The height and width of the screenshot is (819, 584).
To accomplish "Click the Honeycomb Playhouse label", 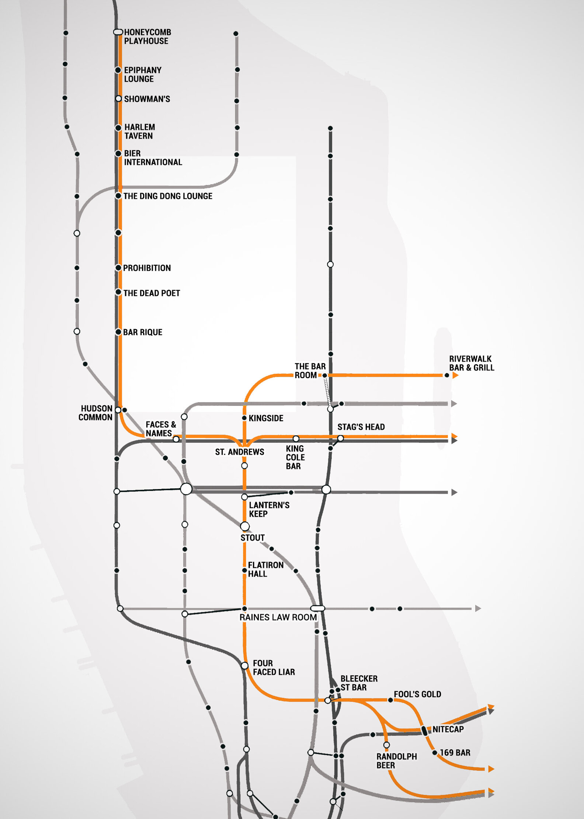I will (x=147, y=36).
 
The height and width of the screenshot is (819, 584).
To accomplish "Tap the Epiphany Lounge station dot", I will (x=118, y=70).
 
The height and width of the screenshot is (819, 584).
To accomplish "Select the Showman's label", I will (x=147, y=99).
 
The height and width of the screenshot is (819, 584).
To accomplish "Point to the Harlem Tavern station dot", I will (x=118, y=128).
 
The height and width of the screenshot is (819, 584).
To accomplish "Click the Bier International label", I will (x=153, y=158).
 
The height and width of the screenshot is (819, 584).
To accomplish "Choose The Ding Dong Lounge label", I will (x=168, y=196).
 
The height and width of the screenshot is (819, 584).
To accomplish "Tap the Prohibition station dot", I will (x=118, y=268).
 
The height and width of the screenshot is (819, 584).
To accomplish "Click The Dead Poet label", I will (x=152, y=293).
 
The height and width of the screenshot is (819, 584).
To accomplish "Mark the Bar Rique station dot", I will (x=118, y=332).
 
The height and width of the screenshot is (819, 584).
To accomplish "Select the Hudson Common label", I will (x=95, y=413).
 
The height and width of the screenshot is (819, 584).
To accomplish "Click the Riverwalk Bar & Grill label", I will (x=471, y=363).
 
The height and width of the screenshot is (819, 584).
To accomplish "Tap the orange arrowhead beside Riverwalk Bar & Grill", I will (x=455, y=375).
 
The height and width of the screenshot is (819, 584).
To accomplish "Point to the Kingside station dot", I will (x=244, y=418).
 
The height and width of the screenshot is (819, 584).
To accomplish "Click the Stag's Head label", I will (x=361, y=427).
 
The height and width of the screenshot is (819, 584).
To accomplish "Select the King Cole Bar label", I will (x=295, y=457).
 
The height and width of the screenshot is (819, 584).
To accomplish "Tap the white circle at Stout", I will (x=245, y=526).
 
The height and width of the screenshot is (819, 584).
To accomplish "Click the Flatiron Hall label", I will (x=265, y=569).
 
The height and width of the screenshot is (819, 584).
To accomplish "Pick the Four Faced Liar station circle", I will (x=244, y=666).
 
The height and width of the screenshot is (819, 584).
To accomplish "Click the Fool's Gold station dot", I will (x=390, y=700).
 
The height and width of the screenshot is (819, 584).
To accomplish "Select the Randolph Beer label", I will (x=396, y=761).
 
